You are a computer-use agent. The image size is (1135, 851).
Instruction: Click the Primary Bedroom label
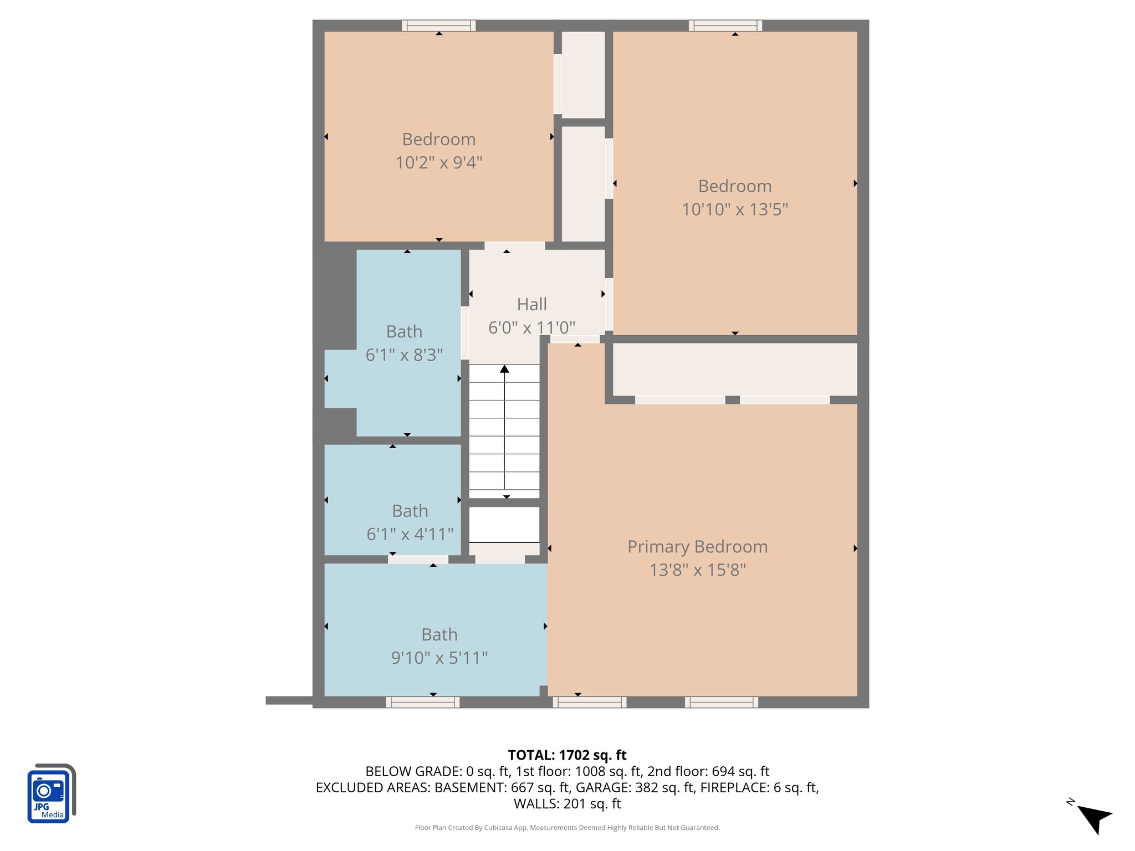(697, 547)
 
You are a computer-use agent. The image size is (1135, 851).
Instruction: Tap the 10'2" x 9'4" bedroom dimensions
(438, 163)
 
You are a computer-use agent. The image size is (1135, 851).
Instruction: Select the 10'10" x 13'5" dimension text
(734, 209)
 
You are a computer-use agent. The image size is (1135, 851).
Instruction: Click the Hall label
(531, 304)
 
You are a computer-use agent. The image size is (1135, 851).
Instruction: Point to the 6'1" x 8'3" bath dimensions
(404, 355)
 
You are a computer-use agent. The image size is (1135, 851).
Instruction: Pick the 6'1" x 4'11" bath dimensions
(410, 534)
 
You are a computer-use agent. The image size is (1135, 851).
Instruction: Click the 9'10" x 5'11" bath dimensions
(439, 658)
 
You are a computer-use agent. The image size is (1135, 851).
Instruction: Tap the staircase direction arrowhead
(504, 369)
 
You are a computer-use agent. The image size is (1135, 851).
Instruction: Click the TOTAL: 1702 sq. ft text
(567, 755)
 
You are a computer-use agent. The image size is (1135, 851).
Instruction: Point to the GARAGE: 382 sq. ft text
(635, 787)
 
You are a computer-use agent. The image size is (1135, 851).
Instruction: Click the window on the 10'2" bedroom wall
(438, 25)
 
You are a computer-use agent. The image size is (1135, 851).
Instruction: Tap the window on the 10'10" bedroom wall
(725, 25)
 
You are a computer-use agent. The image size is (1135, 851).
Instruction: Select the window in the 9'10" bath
(422, 702)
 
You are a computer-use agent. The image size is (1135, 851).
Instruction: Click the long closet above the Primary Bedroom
(734, 369)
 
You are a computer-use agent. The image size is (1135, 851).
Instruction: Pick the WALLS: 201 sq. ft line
(567, 803)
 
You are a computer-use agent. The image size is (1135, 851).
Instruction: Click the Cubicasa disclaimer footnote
(567, 828)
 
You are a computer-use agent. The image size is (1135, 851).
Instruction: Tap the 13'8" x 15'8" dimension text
(697, 570)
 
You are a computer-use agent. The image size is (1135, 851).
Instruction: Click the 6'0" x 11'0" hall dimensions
(531, 327)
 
